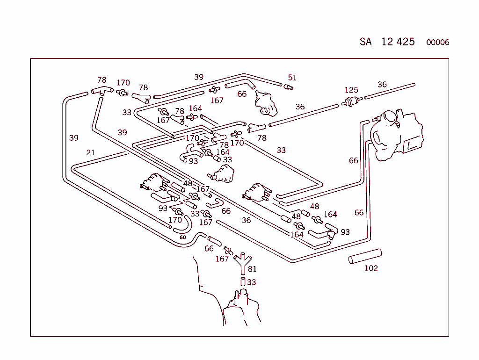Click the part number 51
click(x=292, y=78)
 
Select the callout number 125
click(x=351, y=90)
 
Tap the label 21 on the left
click(x=91, y=152)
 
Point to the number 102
click(x=371, y=268)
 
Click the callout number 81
click(x=252, y=269)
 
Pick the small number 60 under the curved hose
click(x=182, y=238)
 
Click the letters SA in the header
click(x=365, y=42)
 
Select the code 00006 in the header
click(x=437, y=43)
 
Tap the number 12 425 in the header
click(x=398, y=42)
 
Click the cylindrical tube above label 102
click(x=365, y=257)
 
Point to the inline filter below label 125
click(x=352, y=102)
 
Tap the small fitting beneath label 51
click(x=288, y=86)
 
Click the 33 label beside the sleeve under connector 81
click(x=252, y=282)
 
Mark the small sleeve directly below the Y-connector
click(x=243, y=281)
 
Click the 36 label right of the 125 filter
click(x=382, y=85)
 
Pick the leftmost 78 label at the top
click(x=102, y=80)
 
